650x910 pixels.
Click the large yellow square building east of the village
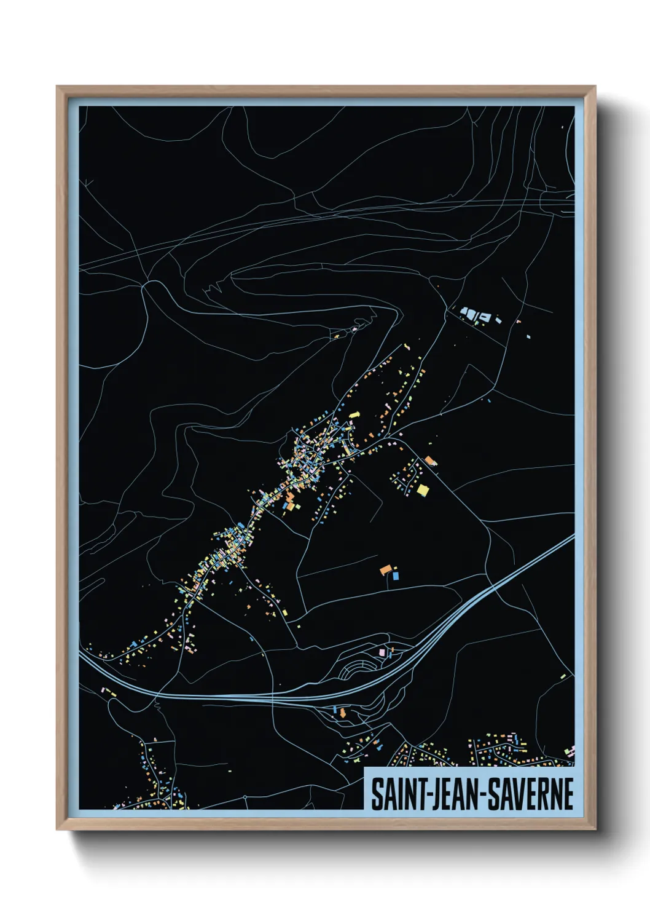(423, 489)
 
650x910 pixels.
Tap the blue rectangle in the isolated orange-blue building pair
(396, 576)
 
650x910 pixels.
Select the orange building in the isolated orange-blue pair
(386, 570)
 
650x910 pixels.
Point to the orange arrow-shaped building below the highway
(342, 713)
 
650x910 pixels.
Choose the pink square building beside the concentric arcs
(382, 651)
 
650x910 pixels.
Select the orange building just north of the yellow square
(429, 460)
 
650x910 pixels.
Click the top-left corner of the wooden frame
(57, 87)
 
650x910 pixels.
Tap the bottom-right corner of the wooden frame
(595, 829)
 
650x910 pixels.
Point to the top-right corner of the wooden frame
(595, 87)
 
